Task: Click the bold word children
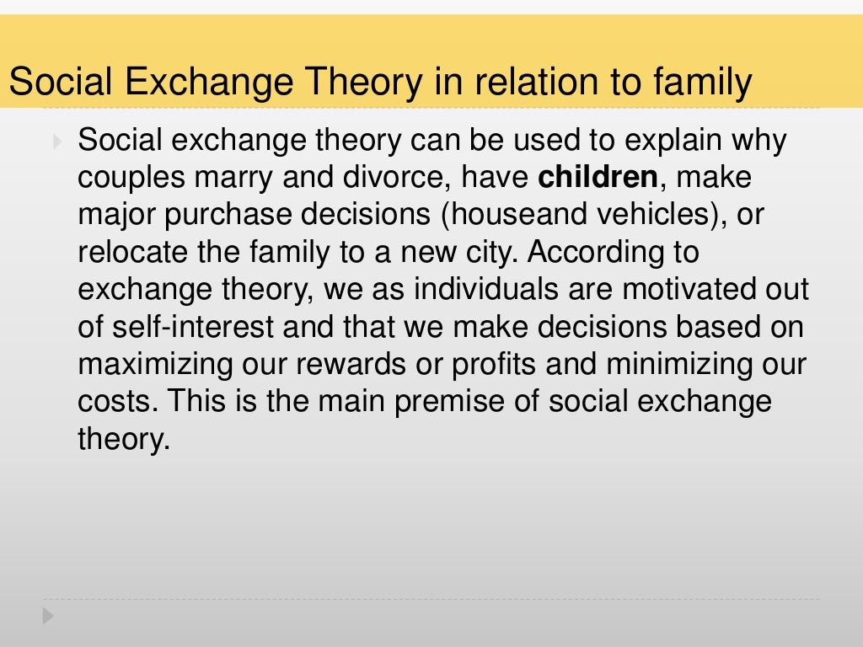pyautogui.click(x=598, y=178)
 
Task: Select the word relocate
pyautogui.click(x=129, y=252)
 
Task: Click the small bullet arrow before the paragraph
pyautogui.click(x=56, y=141)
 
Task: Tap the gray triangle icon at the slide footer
pyautogui.click(x=48, y=616)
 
